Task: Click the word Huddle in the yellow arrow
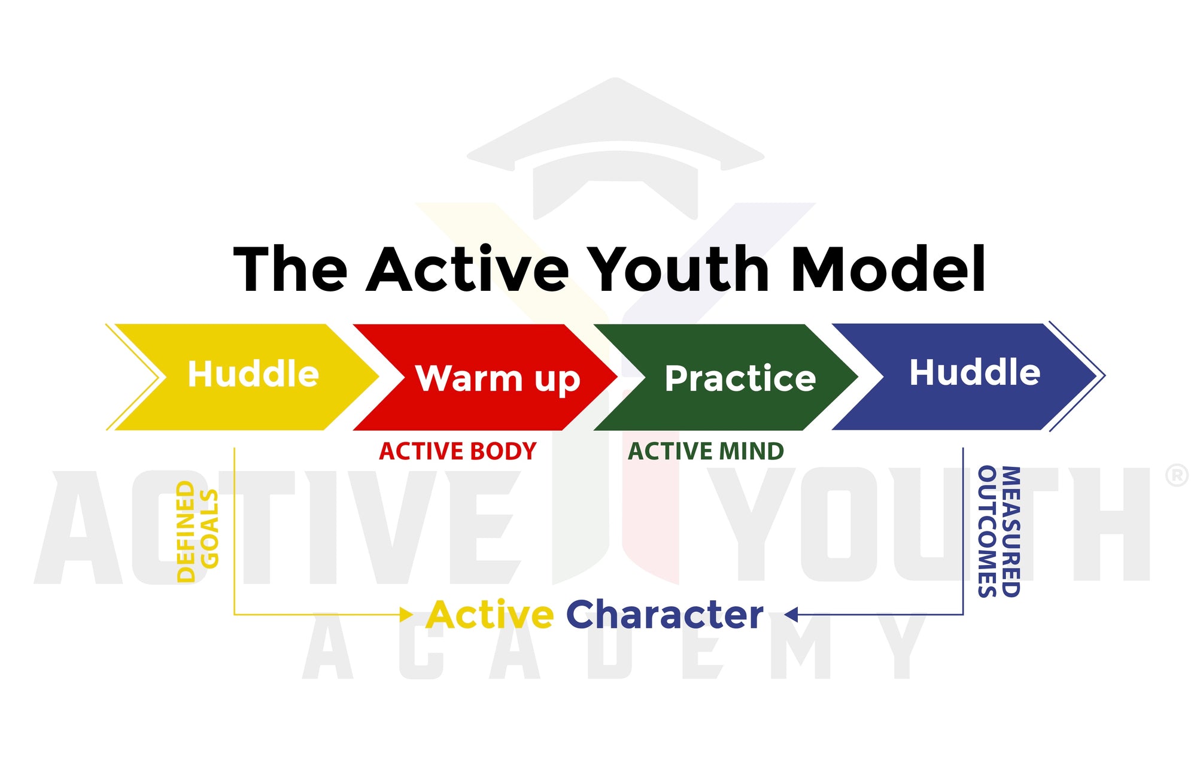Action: pos(253,374)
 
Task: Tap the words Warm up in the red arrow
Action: pos(498,379)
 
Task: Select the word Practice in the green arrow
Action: pos(740,378)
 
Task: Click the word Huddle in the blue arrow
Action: pos(975,372)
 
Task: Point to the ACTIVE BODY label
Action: pos(458,451)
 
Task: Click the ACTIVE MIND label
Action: pos(706,451)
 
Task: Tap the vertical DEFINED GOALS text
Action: pos(198,531)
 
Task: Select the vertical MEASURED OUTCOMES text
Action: pos(998,531)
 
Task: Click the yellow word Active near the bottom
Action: pos(490,615)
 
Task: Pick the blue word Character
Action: pos(664,615)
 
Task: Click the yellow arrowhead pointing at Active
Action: pos(406,615)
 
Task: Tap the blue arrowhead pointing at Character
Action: pos(791,615)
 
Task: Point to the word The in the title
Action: pos(290,269)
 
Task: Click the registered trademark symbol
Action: pos(1177,475)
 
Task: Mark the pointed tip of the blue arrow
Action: pos(1104,376)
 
